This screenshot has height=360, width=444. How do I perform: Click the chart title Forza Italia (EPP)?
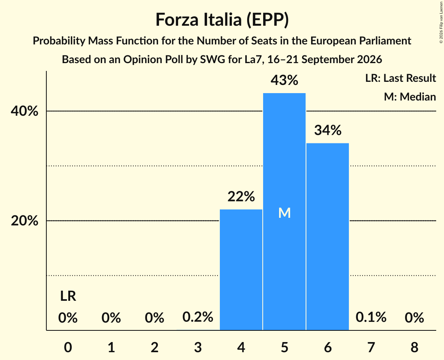coord(222,20)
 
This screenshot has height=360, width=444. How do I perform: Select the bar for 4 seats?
coord(241,270)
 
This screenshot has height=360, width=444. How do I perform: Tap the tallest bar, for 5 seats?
coord(284,212)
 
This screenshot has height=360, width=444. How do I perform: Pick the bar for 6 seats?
coord(327,236)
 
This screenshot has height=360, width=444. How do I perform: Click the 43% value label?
coord(284,80)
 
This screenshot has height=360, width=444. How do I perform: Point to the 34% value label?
coord(327,130)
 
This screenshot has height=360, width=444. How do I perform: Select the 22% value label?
coord(241,196)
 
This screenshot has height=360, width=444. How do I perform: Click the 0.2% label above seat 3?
coord(198,317)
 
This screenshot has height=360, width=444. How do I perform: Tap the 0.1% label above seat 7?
coord(371,317)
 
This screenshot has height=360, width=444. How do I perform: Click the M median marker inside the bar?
coord(284,213)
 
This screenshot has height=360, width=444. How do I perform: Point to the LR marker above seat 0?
coord(68,296)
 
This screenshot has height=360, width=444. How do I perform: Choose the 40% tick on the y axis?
coord(24,111)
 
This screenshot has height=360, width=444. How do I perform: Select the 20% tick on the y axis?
coord(24,221)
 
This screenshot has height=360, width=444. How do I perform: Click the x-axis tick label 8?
coord(414,347)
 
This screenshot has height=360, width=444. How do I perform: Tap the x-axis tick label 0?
coord(68,347)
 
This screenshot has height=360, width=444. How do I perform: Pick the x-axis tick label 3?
coord(198,347)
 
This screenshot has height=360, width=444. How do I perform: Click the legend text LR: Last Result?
coord(400,78)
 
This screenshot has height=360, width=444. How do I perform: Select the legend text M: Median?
coord(410,97)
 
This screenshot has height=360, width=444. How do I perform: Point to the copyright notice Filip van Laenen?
coord(441,22)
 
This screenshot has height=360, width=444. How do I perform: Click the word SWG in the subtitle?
coord(212,60)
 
